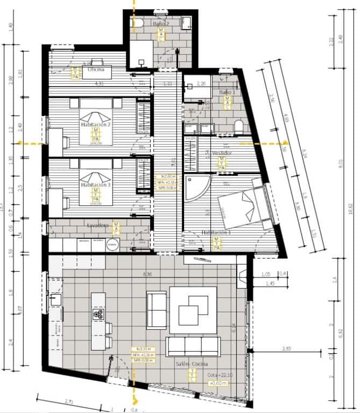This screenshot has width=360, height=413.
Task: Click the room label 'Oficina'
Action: [x=96, y=69]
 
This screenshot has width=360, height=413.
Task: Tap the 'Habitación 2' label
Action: [x=96, y=125]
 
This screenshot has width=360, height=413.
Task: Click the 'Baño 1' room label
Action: [x=227, y=92]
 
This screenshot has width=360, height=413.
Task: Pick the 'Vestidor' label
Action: [x=221, y=153]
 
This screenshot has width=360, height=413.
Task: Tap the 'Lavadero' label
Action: [x=98, y=225]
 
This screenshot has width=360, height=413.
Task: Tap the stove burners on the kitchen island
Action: [x=98, y=315]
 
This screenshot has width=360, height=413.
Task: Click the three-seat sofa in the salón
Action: [x=193, y=346]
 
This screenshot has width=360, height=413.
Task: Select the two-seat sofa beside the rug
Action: [x=157, y=310]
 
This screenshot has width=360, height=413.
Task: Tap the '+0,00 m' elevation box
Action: [x=217, y=382]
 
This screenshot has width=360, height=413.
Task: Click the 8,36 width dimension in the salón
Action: [x=146, y=274]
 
